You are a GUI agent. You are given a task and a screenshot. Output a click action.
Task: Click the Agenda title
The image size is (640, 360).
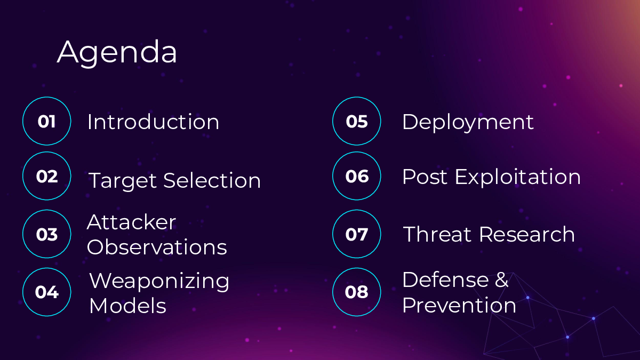[117, 53]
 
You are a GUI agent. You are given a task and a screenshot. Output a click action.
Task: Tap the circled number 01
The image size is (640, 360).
[46, 122]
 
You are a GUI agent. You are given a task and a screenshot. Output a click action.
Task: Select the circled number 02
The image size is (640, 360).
[47, 177]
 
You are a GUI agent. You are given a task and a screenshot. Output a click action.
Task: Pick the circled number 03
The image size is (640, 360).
[47, 234]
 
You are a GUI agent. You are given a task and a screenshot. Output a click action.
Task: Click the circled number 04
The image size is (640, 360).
[47, 292]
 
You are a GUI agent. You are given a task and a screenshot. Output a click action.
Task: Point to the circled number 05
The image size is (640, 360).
[357, 122]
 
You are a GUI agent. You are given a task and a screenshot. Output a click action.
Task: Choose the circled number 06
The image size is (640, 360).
[357, 177]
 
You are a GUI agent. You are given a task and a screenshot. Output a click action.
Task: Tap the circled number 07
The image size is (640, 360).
[357, 234]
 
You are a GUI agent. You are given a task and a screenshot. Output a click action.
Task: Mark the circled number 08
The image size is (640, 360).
[357, 292]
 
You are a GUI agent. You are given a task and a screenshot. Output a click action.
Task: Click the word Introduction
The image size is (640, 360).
[153, 122]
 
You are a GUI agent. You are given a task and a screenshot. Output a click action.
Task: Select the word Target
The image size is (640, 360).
[123, 181]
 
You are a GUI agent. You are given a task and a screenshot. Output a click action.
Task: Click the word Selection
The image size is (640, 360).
[212, 180]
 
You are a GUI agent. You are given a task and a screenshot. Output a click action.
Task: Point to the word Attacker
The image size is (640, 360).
[131, 222]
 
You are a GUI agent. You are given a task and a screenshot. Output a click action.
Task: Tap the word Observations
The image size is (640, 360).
[157, 247]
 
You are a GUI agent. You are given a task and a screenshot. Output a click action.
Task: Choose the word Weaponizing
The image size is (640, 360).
[159, 282]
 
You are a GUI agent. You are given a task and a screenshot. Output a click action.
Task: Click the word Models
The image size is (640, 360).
[127, 306]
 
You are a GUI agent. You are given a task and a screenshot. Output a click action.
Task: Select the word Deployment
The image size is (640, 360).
[468, 122]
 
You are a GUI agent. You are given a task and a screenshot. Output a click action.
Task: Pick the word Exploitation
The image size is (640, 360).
[518, 178]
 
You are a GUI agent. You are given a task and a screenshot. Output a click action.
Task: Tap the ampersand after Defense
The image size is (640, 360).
[501, 279]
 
